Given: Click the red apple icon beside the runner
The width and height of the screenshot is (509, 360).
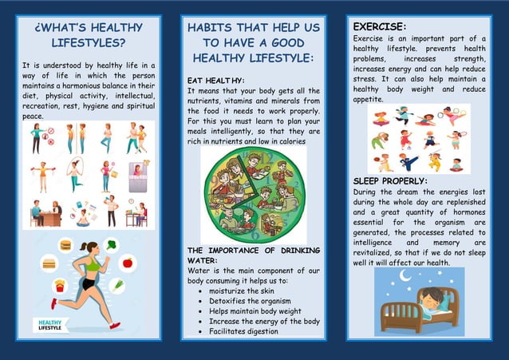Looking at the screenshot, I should [x=128, y=262].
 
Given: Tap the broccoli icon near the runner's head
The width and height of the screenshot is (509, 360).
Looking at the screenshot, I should [x=112, y=245].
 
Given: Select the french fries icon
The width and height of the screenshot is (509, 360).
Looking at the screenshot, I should [x=60, y=286].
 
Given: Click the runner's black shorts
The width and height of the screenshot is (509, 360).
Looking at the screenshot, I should [x=89, y=283].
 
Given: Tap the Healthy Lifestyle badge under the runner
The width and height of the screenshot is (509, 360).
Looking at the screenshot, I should [x=50, y=325].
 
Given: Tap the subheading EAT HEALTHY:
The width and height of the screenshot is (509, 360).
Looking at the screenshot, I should [x=215, y=81].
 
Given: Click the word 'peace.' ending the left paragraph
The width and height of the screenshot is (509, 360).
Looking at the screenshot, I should [x=33, y=116].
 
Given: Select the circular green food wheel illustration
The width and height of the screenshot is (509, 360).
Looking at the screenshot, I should [x=252, y=194].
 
